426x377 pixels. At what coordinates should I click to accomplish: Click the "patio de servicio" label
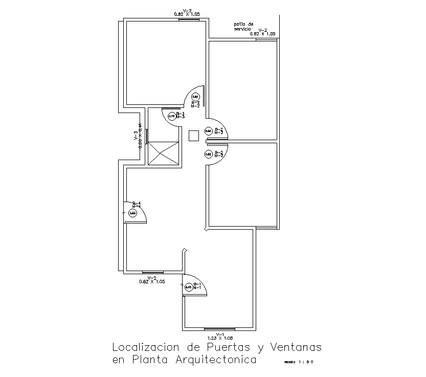point(243,27)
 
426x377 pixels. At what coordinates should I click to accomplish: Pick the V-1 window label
point(219,334)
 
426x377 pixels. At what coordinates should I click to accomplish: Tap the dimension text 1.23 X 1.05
point(219,338)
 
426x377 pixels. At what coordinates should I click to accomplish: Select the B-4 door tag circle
point(132,213)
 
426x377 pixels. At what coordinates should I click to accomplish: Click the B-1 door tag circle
point(188,287)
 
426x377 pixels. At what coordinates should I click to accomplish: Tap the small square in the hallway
point(194,136)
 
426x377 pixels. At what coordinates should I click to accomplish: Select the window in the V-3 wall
point(147,137)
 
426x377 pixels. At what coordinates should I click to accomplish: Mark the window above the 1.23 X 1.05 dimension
point(219,328)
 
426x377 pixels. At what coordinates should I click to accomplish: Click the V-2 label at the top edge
point(187,11)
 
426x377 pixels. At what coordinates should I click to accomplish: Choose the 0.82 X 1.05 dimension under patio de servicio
point(262,34)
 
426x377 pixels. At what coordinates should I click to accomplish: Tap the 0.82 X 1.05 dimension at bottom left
point(152,281)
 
